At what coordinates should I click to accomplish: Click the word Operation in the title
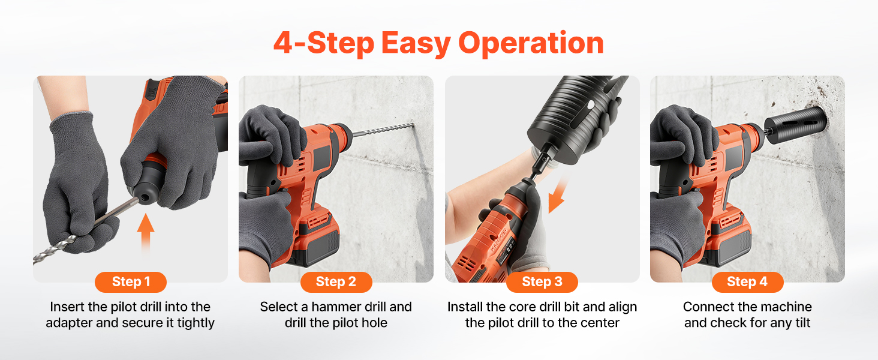531,44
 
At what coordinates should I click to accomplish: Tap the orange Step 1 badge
131,282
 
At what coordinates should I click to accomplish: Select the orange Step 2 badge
336,282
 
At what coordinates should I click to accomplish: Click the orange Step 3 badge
542,282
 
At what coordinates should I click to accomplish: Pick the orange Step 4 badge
747,282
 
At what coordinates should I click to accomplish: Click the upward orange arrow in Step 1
145,233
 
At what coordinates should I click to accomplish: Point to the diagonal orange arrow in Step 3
557,195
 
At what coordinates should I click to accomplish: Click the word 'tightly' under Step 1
196,323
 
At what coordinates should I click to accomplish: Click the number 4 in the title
283,43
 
